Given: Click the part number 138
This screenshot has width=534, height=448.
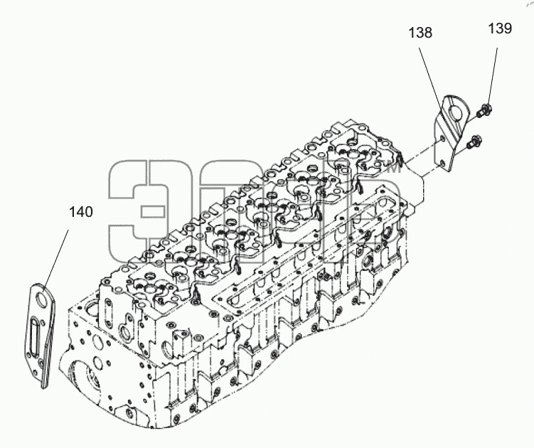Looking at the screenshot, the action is coord(420,33).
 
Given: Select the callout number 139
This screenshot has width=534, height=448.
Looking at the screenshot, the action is coord(500,28).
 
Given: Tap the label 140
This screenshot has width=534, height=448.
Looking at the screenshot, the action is coord(81,212).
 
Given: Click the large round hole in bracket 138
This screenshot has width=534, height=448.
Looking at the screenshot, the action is coord(455,112).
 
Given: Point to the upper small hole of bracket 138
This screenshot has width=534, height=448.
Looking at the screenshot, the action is coord(442,139).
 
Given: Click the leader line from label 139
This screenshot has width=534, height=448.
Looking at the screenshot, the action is coord(492,78).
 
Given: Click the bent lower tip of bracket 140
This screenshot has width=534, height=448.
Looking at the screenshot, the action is coord(44,384).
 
